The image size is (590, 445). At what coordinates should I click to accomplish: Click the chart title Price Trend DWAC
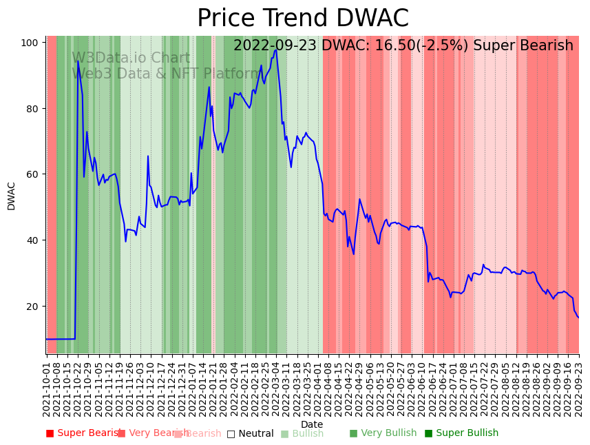click(303, 19)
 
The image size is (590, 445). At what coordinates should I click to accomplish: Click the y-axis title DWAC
click(12, 196)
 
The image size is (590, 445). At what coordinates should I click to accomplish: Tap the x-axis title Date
click(311, 424)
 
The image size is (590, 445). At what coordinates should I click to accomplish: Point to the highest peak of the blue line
click(276, 50)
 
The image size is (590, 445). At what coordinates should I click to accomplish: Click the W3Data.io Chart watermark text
click(131, 59)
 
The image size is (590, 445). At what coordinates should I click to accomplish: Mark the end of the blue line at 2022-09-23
click(578, 318)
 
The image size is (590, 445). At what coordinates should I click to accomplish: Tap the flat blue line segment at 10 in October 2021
click(61, 339)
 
